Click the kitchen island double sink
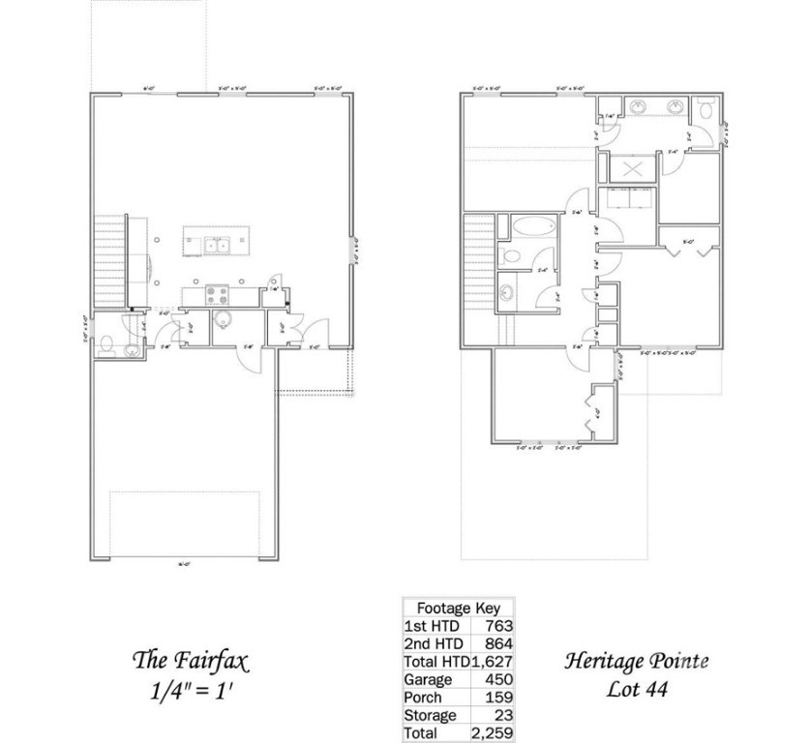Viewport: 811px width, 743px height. pyautogui.click(x=214, y=245)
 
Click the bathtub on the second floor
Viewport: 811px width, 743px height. pyautogui.click(x=529, y=229)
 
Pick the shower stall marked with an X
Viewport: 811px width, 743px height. pyautogui.click(x=632, y=168)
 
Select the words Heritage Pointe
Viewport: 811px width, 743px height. pyautogui.click(x=636, y=662)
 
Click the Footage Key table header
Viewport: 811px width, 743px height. pyautogui.click(x=458, y=609)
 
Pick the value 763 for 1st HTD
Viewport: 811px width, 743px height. pyautogui.click(x=498, y=626)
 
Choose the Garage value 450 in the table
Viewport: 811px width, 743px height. pyautogui.click(x=498, y=679)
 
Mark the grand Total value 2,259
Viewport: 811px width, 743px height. pyautogui.click(x=493, y=733)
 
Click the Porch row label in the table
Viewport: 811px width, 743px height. pyautogui.click(x=423, y=698)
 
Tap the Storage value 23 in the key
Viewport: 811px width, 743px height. pyautogui.click(x=503, y=716)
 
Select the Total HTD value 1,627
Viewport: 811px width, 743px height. pyautogui.click(x=492, y=662)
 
